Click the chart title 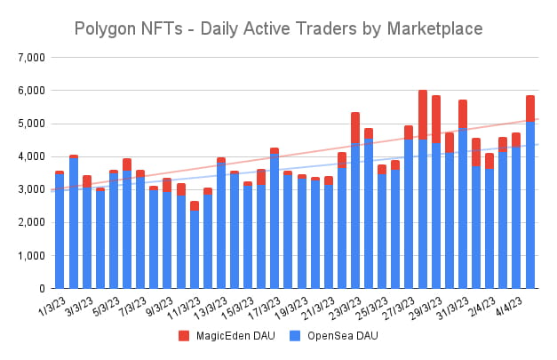coord(278,28)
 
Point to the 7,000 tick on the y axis coord(30,58)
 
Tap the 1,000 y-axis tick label coord(30,256)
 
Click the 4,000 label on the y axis coord(30,156)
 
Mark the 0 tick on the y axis coord(41,289)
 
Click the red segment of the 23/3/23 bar coord(355,128)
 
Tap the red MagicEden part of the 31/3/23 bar coord(463,114)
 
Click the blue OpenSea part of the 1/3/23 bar coord(60,231)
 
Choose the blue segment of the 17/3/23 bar coord(275,222)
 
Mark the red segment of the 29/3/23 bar coord(436,119)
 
